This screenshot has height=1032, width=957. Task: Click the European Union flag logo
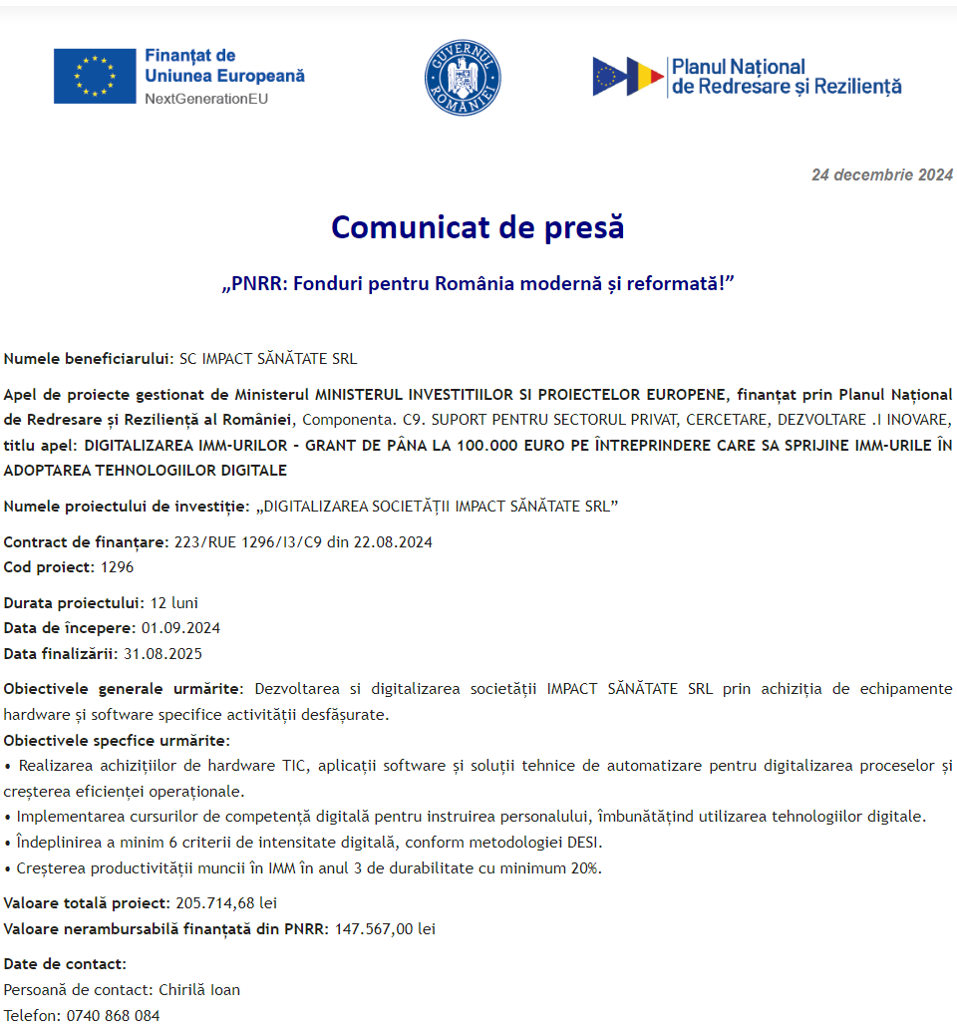(95, 76)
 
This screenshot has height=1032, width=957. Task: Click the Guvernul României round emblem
(463, 78)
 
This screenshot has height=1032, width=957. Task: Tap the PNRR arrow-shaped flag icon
(628, 77)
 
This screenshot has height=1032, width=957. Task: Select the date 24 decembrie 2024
(882, 175)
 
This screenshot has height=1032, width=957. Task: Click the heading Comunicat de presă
(478, 227)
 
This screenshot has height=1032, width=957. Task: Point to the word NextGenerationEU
(206, 99)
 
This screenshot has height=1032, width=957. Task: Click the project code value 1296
(117, 567)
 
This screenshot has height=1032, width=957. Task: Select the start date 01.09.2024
(180, 628)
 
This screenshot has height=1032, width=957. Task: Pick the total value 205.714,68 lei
(225, 903)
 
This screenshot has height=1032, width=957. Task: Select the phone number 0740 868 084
(113, 1016)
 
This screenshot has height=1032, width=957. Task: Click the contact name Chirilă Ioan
(199, 990)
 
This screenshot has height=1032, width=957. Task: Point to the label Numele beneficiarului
(88, 359)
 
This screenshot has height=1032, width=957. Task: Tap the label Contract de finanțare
(86, 542)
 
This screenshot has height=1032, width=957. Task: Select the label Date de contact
(65, 964)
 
